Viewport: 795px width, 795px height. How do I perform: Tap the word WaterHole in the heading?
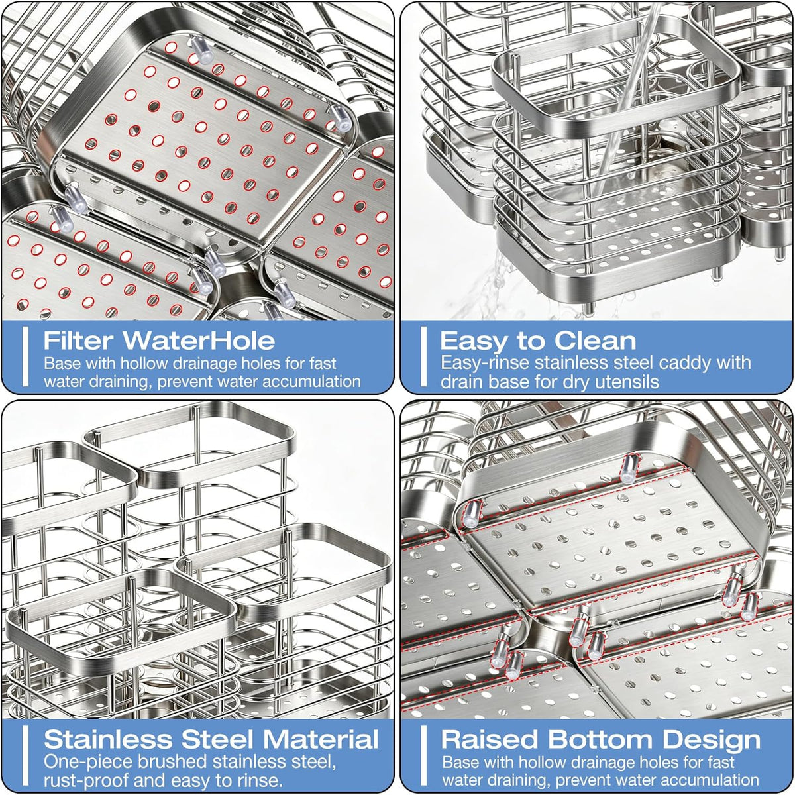point(199,341)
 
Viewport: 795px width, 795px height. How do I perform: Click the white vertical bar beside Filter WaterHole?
point(26,356)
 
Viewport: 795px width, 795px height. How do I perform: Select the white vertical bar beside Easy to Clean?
point(423,356)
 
